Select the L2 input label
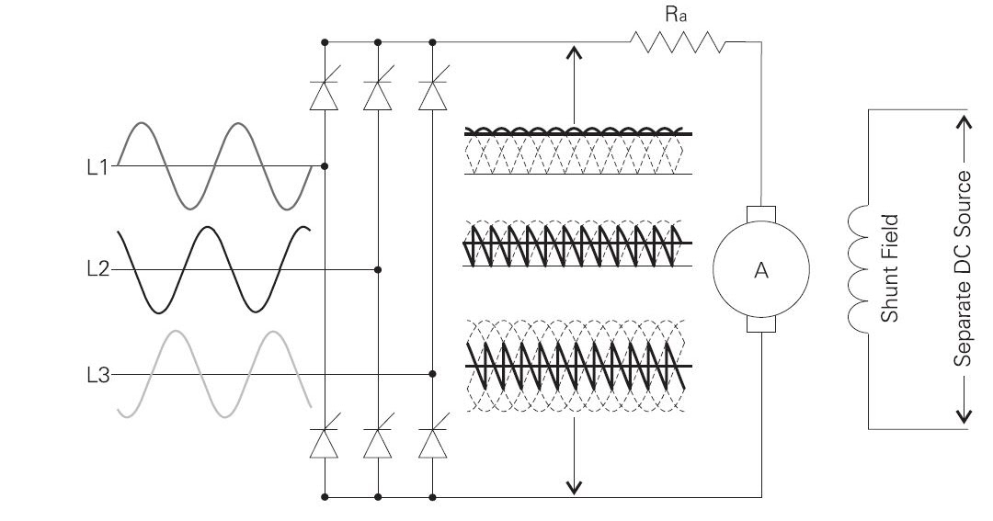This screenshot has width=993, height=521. click(97, 270)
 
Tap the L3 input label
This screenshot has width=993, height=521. click(97, 375)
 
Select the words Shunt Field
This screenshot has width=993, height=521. click(889, 268)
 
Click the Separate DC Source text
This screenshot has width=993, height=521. click(963, 268)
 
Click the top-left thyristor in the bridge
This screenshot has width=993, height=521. click(325, 94)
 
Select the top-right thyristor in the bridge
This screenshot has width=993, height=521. click(432, 94)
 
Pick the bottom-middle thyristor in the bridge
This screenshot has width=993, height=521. click(378, 443)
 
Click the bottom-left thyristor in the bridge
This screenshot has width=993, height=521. click(325, 443)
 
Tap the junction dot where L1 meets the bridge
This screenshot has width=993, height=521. click(325, 166)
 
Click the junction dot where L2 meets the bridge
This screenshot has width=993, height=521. click(378, 270)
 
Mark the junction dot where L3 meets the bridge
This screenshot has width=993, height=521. click(432, 375)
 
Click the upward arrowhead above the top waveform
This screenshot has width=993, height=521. click(575, 53)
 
